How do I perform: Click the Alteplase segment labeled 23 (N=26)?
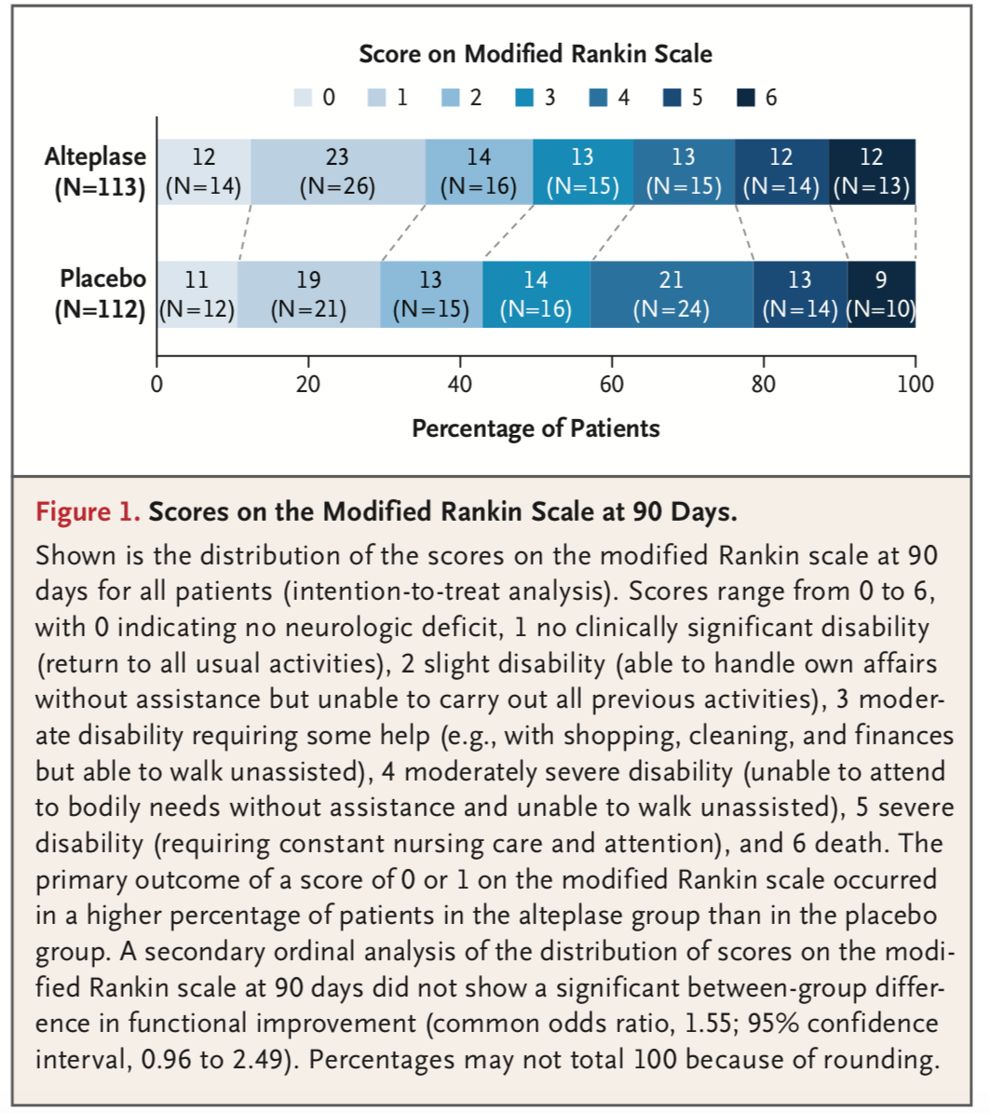coord(338,172)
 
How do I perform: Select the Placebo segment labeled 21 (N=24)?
coord(671,295)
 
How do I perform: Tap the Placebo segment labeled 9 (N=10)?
coord(881,295)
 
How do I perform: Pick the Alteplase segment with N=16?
coord(479,172)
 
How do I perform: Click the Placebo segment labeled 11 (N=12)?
coord(197,295)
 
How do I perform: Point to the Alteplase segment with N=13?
coord(872,172)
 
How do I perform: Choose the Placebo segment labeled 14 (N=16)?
coord(536,295)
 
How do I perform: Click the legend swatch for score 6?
coord(746,97)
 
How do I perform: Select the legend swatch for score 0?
coord(303,97)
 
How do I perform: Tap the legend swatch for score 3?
coord(524,97)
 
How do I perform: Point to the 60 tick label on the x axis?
coord(612,385)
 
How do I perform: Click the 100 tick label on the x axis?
coord(915,385)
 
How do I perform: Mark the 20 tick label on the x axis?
coord(308,385)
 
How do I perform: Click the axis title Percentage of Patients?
coord(535,429)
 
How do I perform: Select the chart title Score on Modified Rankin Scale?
coord(535,54)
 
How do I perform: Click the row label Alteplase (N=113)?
coord(99,172)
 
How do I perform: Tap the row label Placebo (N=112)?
coord(101,294)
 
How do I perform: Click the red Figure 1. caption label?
coord(88,511)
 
